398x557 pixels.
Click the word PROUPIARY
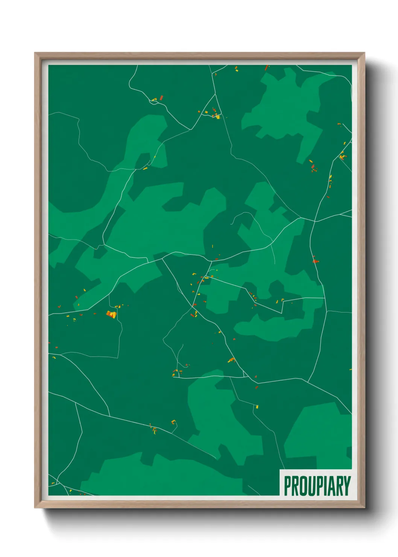tap(317, 486)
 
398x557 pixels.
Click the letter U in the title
tap(311, 486)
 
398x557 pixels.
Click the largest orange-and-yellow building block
tap(111, 314)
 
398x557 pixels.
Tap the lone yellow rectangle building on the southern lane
tap(257, 406)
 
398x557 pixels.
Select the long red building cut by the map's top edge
tap(267, 68)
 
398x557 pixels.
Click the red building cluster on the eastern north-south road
tap(315, 260)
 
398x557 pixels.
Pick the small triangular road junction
tap(245, 374)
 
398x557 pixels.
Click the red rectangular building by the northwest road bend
tap(161, 98)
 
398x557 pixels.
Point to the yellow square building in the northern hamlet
tap(218, 117)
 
